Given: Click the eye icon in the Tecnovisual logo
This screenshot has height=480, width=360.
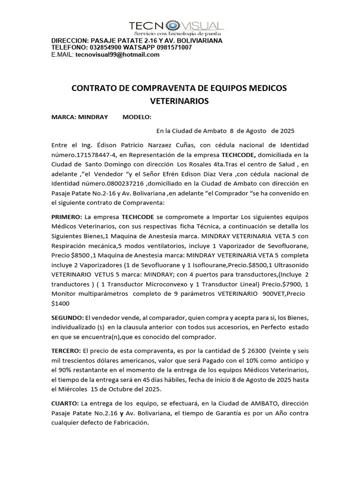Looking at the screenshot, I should [173, 26].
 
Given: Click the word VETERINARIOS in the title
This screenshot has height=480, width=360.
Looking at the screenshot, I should [179, 101].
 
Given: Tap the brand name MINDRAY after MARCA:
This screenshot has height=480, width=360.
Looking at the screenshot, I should [93, 117].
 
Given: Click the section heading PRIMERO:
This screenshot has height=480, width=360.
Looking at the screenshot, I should [66, 217].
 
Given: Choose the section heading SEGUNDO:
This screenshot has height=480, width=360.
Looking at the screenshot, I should [67, 318].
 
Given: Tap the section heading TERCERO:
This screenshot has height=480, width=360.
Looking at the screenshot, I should [66, 351].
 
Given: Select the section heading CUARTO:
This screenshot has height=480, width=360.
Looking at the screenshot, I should [65, 403].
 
